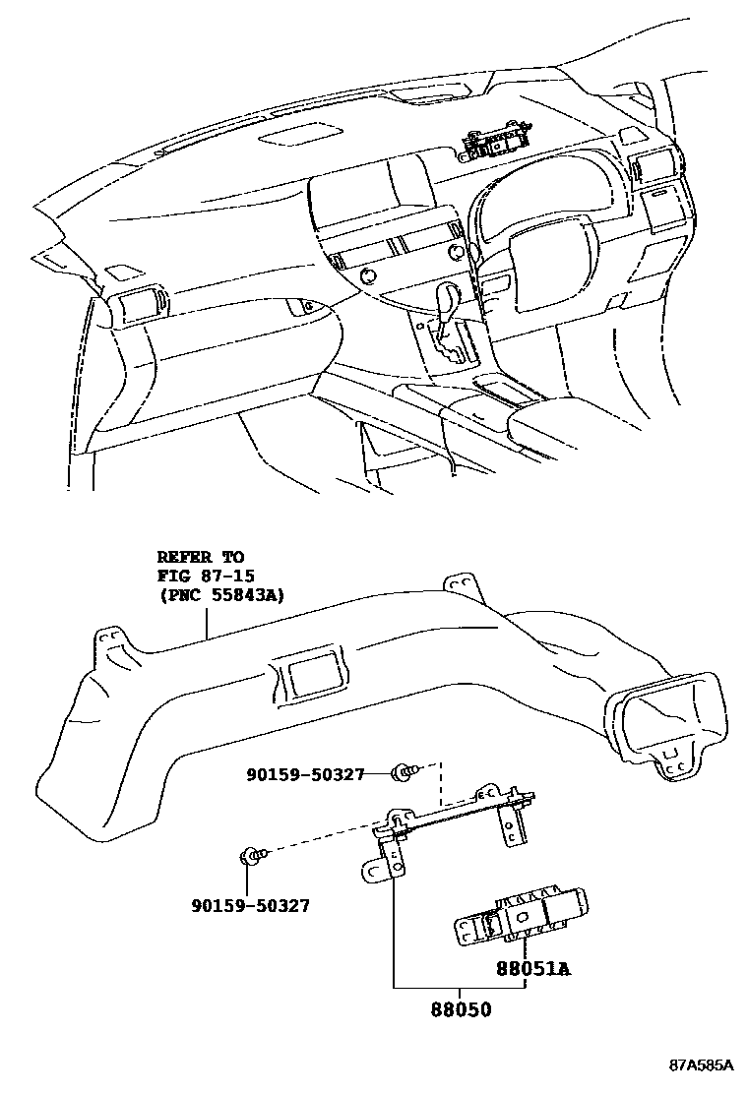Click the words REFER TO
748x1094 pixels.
(200, 558)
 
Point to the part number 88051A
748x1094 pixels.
(533, 969)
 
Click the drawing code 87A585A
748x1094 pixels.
(702, 1065)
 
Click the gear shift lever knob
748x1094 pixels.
(452, 295)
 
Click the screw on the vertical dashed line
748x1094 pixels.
(402, 773)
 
